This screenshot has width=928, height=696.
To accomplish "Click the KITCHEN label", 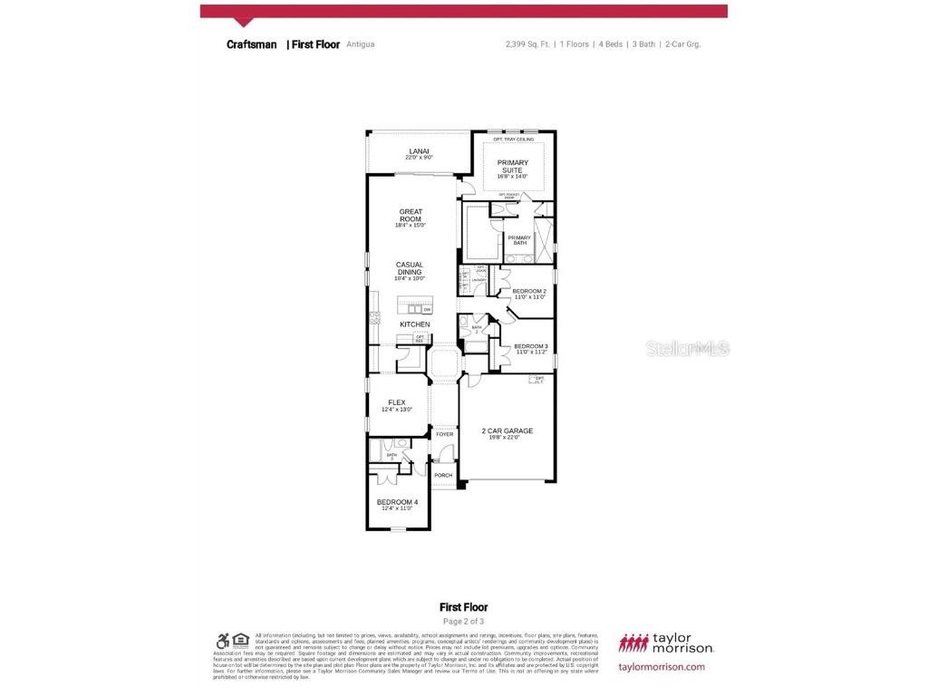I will [415, 324].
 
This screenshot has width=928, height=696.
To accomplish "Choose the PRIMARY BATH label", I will [519, 240].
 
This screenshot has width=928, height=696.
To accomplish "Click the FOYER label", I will [444, 434].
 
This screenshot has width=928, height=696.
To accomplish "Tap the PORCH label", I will [443, 475].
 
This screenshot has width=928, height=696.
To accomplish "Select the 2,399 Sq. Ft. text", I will [527, 43].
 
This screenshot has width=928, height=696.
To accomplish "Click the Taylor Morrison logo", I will [666, 643].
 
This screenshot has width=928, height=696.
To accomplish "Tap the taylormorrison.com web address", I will [661, 667].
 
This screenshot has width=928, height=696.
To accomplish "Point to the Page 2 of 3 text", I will [463, 622].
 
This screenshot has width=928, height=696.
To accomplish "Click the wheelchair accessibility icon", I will [222, 640].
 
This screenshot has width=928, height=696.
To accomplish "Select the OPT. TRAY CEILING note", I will [513, 140].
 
